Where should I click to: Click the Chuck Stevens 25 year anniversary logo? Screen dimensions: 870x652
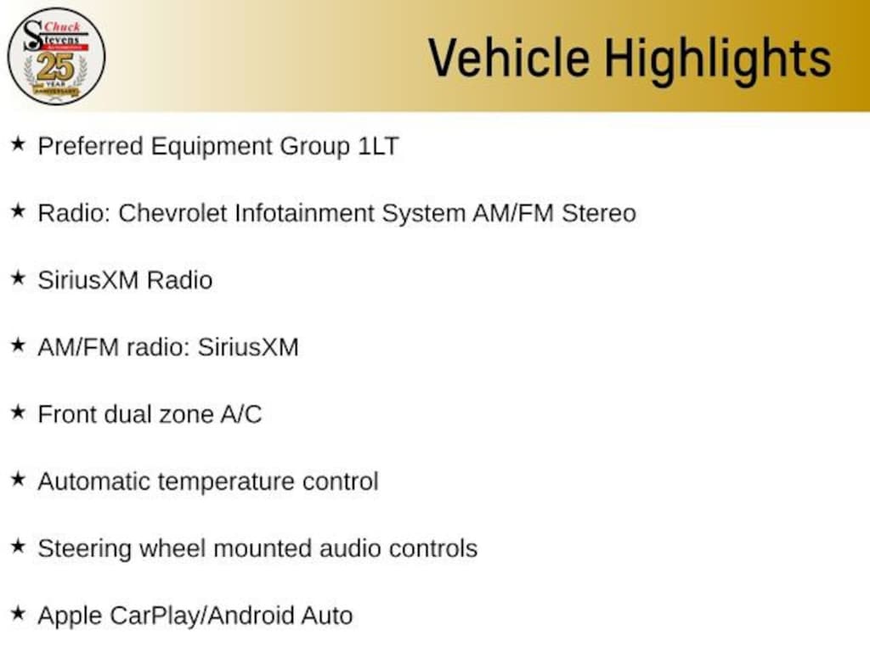point(56,56)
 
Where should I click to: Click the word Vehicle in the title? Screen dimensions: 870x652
point(509,57)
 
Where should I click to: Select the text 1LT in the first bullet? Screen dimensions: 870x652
point(378,146)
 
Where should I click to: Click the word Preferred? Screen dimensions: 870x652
point(90,146)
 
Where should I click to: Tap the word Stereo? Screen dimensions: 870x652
point(599,213)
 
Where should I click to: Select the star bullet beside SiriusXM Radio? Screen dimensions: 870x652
point(19,278)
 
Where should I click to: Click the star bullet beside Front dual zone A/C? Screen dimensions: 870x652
point(19,412)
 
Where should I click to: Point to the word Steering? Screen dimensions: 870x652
point(84,549)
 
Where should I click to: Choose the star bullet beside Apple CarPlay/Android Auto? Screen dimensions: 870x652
point(19,613)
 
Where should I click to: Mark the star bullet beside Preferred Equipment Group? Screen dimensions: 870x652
point(19,143)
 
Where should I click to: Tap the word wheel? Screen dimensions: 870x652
point(172,548)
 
